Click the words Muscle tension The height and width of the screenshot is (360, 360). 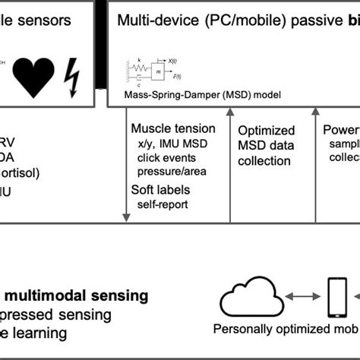click(173, 129)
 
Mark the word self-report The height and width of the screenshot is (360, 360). click(162, 204)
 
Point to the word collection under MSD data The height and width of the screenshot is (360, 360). click(264, 161)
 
